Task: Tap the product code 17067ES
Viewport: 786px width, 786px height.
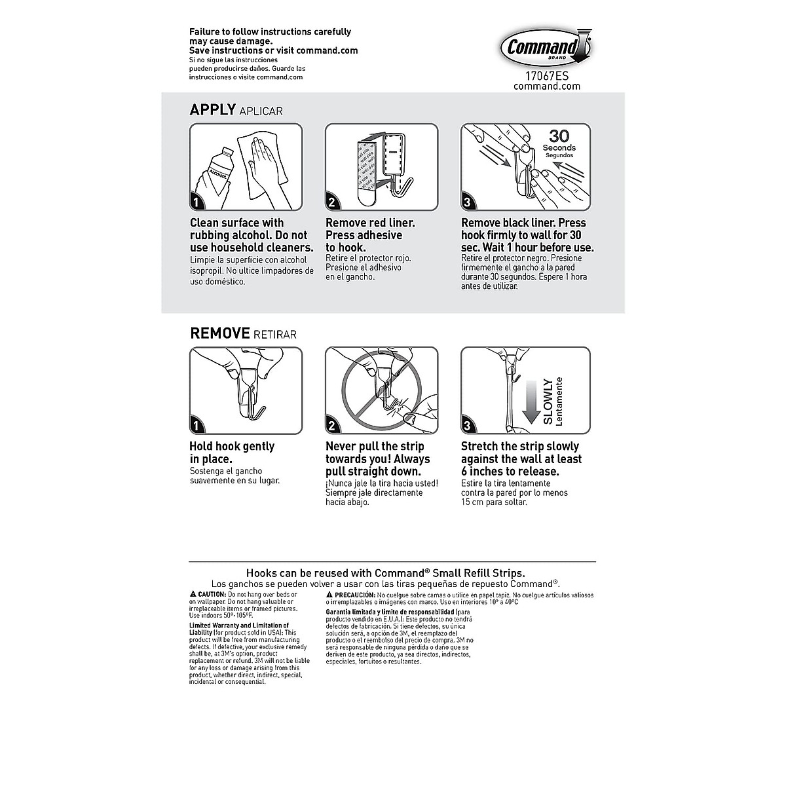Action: [546, 75]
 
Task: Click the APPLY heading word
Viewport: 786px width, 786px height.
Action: [212, 109]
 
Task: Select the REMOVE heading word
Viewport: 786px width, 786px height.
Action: [219, 333]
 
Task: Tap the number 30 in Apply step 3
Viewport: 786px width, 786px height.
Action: [559, 136]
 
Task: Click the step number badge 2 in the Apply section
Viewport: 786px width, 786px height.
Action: [333, 202]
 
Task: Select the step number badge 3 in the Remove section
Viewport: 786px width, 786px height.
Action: [468, 426]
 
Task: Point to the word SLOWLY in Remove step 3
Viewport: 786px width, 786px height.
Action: [548, 401]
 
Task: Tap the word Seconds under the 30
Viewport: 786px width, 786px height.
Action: [559, 148]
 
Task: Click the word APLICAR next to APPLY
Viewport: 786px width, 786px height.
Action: [261, 111]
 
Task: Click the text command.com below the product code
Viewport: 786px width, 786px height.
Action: [546, 86]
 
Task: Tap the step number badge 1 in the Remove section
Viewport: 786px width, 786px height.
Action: [197, 426]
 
